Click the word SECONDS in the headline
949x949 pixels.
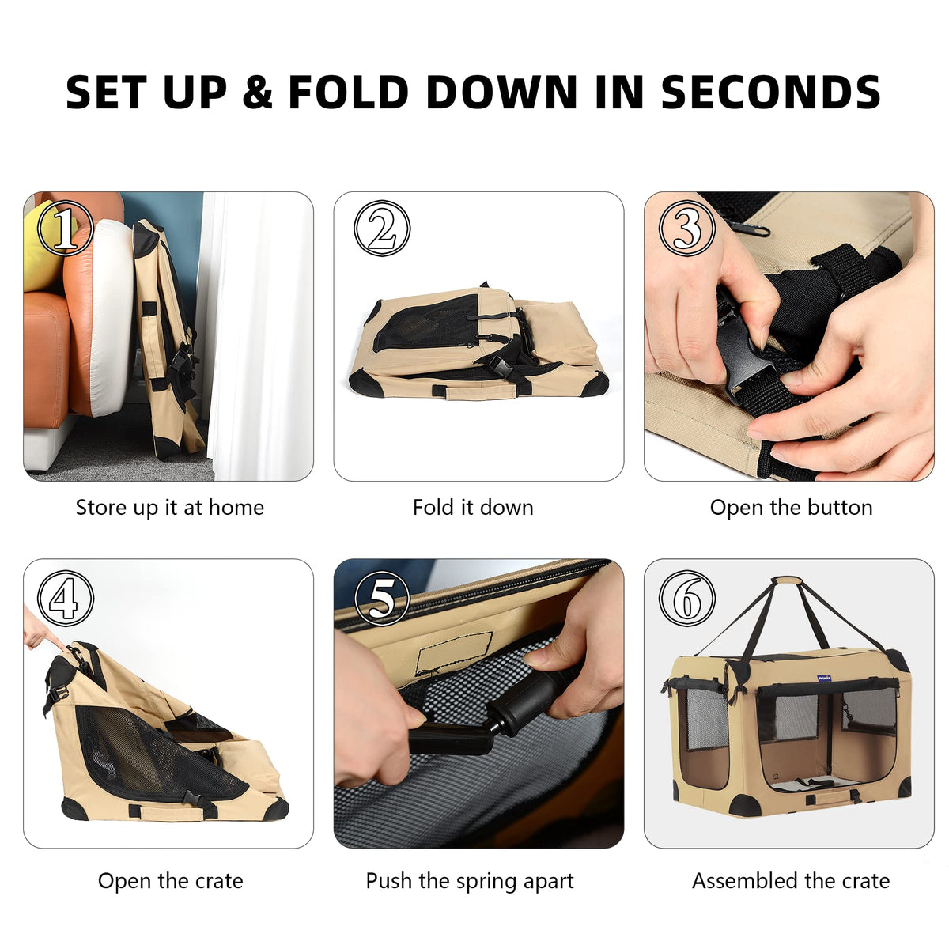click(769, 92)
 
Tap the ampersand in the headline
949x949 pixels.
click(256, 92)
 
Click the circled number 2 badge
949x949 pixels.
click(382, 228)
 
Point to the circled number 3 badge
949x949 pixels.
click(687, 228)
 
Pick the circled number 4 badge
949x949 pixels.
click(66, 598)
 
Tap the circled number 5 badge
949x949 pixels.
click(382, 598)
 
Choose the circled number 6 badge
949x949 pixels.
click(687, 598)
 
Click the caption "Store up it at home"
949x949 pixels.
click(170, 508)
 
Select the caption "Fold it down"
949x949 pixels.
click(473, 508)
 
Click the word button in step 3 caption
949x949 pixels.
click(840, 508)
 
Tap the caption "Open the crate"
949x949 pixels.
click(170, 880)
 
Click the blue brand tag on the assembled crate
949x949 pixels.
click(824, 678)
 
